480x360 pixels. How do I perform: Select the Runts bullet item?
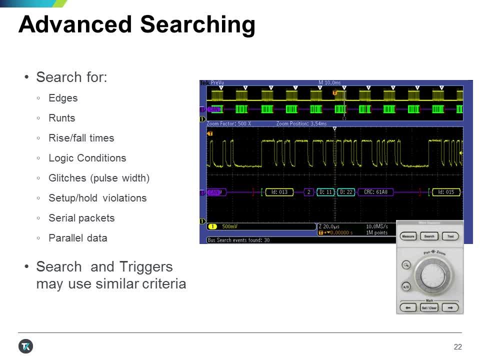click(61, 118)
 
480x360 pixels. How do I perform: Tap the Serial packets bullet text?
click(81, 218)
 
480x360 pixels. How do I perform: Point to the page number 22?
click(457, 347)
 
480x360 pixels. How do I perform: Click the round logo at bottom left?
click(26, 346)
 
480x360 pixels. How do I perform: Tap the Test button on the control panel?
click(450, 236)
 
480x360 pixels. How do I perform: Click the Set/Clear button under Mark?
click(429, 307)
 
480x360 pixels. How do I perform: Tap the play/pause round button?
click(406, 286)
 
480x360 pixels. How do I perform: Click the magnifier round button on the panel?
click(406, 265)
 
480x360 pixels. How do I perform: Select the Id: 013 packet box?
click(279, 192)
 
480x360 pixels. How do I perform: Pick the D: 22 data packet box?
click(346, 192)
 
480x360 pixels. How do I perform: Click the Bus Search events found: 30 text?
click(238, 240)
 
